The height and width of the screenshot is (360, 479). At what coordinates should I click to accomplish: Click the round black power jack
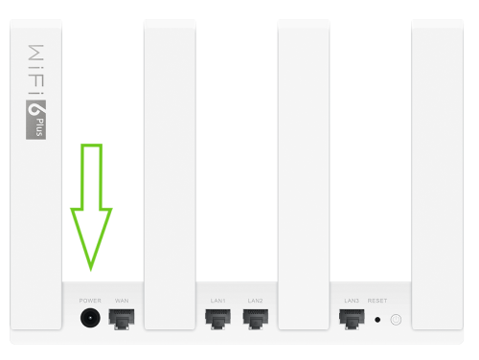click(90, 318)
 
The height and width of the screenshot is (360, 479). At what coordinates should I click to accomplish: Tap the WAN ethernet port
click(122, 319)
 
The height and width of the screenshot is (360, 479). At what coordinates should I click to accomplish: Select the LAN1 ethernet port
click(217, 319)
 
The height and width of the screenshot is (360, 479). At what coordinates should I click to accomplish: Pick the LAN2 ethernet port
click(256, 319)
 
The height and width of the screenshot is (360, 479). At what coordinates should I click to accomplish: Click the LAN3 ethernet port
click(352, 319)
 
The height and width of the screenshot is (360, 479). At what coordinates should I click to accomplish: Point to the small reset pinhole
click(377, 320)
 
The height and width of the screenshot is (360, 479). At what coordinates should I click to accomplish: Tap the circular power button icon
click(396, 320)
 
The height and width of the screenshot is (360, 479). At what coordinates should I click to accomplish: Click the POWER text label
click(90, 301)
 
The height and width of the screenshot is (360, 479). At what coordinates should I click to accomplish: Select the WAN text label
click(122, 301)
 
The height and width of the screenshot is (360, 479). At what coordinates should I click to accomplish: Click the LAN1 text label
click(218, 301)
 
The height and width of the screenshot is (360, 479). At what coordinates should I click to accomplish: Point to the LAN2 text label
click(256, 301)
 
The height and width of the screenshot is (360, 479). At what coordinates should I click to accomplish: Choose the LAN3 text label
click(352, 301)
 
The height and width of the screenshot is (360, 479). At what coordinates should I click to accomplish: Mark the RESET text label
click(377, 301)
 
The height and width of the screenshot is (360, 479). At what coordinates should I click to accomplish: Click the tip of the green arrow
click(91, 270)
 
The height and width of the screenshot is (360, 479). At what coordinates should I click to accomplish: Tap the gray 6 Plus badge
click(35, 120)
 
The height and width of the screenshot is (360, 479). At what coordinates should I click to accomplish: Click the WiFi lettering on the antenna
click(35, 70)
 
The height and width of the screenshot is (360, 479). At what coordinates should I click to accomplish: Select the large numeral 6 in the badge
click(34, 109)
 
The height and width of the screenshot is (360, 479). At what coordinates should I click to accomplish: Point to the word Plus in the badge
click(39, 127)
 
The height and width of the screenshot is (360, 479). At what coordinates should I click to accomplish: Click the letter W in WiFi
click(35, 53)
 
